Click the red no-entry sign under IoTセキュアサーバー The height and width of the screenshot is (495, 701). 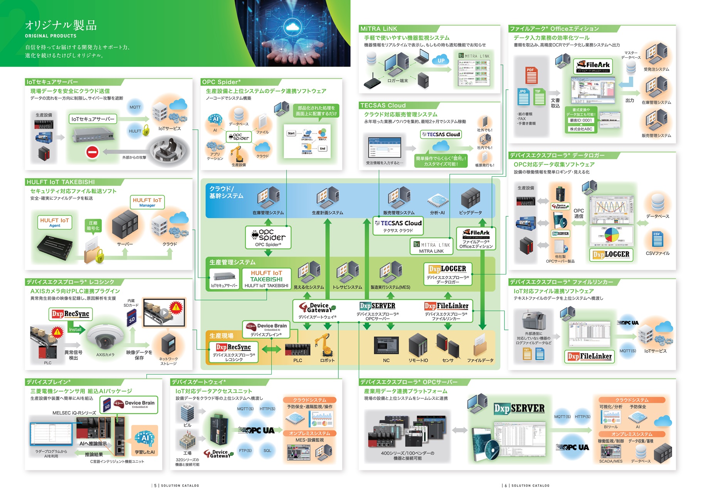click(92, 152)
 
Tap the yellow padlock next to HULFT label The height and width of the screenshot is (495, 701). click(146, 130)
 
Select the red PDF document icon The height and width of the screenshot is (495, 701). click(531, 75)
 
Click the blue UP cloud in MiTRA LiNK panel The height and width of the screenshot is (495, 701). click(441, 60)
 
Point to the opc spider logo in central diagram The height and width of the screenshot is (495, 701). click(268, 235)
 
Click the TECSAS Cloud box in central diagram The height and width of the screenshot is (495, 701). click(398, 226)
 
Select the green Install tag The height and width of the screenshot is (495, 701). click(75, 329)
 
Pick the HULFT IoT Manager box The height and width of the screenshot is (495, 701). click(147, 202)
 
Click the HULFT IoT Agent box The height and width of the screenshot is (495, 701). click(55, 222)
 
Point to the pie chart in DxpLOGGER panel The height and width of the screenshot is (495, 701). click(611, 234)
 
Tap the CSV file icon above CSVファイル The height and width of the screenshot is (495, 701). click(657, 239)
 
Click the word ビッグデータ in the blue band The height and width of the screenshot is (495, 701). click(470, 212)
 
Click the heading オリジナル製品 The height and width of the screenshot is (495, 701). click(61, 25)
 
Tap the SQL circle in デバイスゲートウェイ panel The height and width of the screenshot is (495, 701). click(267, 450)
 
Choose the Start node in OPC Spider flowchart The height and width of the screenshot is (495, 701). click(291, 133)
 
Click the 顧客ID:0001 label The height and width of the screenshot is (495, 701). click(581, 120)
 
